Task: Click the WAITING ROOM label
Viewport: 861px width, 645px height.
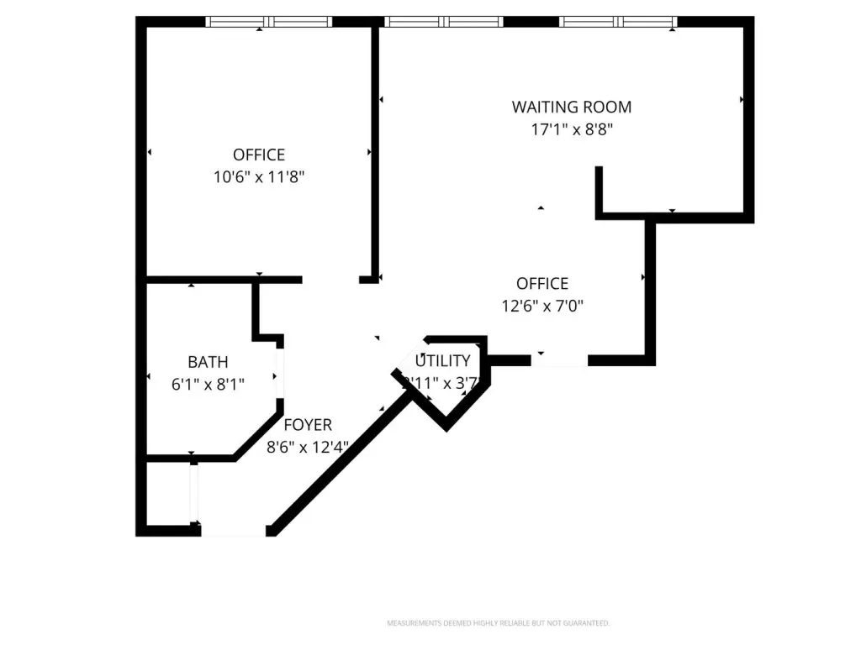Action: tap(572, 107)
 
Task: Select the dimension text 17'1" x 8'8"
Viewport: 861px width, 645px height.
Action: tap(572, 129)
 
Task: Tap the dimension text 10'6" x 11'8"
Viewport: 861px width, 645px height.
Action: tap(259, 177)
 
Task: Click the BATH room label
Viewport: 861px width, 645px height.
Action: tap(208, 362)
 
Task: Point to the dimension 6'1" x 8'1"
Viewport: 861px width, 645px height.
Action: tap(208, 385)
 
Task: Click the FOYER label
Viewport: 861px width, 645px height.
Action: tap(308, 425)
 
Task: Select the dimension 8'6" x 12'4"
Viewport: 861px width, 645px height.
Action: tap(308, 448)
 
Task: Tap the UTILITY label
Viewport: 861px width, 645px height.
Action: tap(443, 361)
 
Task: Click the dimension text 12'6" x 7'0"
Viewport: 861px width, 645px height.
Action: tap(542, 307)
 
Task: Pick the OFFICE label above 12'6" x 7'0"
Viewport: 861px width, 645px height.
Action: tap(542, 284)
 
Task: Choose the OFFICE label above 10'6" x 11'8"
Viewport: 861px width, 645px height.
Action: tap(259, 155)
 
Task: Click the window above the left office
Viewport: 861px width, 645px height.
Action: tap(269, 22)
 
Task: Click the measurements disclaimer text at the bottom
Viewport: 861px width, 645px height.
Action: tap(498, 623)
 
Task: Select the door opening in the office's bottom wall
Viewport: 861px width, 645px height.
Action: tap(559, 360)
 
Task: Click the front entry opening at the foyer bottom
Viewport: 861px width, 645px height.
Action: tap(234, 530)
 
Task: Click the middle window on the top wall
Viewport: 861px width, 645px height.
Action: tap(443, 22)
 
